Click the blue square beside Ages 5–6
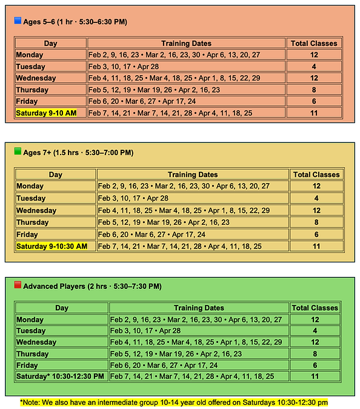18,21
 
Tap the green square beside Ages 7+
18,151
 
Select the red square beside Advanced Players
18,285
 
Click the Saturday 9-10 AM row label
46,113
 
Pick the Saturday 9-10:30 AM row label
52,246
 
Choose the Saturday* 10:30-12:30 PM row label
60,376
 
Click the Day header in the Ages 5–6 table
51,44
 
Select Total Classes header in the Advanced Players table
315,308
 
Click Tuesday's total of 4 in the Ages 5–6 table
314,67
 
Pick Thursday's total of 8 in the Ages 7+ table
316,222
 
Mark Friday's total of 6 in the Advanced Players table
315,365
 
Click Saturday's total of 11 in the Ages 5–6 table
314,113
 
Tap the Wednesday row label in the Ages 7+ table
36,211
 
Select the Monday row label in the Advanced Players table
30,319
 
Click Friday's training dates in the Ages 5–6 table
142,102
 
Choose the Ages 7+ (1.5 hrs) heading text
78,153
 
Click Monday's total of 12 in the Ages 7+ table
316,187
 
